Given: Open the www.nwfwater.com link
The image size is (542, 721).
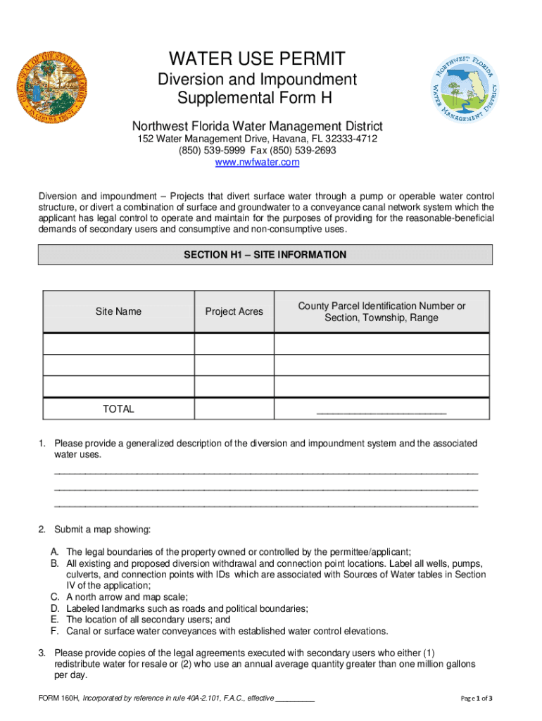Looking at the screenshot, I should [x=257, y=163].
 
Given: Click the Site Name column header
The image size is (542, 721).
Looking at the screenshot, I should [x=118, y=311].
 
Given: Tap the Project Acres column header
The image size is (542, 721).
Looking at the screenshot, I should [x=234, y=311].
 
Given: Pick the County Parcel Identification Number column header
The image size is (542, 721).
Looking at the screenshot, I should [x=382, y=312].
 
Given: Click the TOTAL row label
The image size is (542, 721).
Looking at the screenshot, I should [x=118, y=409].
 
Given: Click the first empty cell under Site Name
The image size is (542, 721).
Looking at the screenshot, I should [x=118, y=344].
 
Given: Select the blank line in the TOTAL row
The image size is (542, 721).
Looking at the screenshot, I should [x=382, y=411].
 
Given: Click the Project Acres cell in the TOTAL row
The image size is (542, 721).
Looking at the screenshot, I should [x=234, y=409].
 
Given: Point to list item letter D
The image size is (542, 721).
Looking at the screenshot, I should [x=54, y=608].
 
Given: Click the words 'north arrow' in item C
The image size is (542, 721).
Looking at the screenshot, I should [x=100, y=597].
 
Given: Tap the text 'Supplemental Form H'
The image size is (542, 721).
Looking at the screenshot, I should [x=257, y=97].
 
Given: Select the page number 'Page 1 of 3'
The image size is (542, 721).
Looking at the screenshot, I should [x=477, y=698].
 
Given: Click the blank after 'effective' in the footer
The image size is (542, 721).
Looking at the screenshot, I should [x=295, y=699].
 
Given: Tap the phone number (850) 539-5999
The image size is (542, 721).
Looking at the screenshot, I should [x=209, y=151].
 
